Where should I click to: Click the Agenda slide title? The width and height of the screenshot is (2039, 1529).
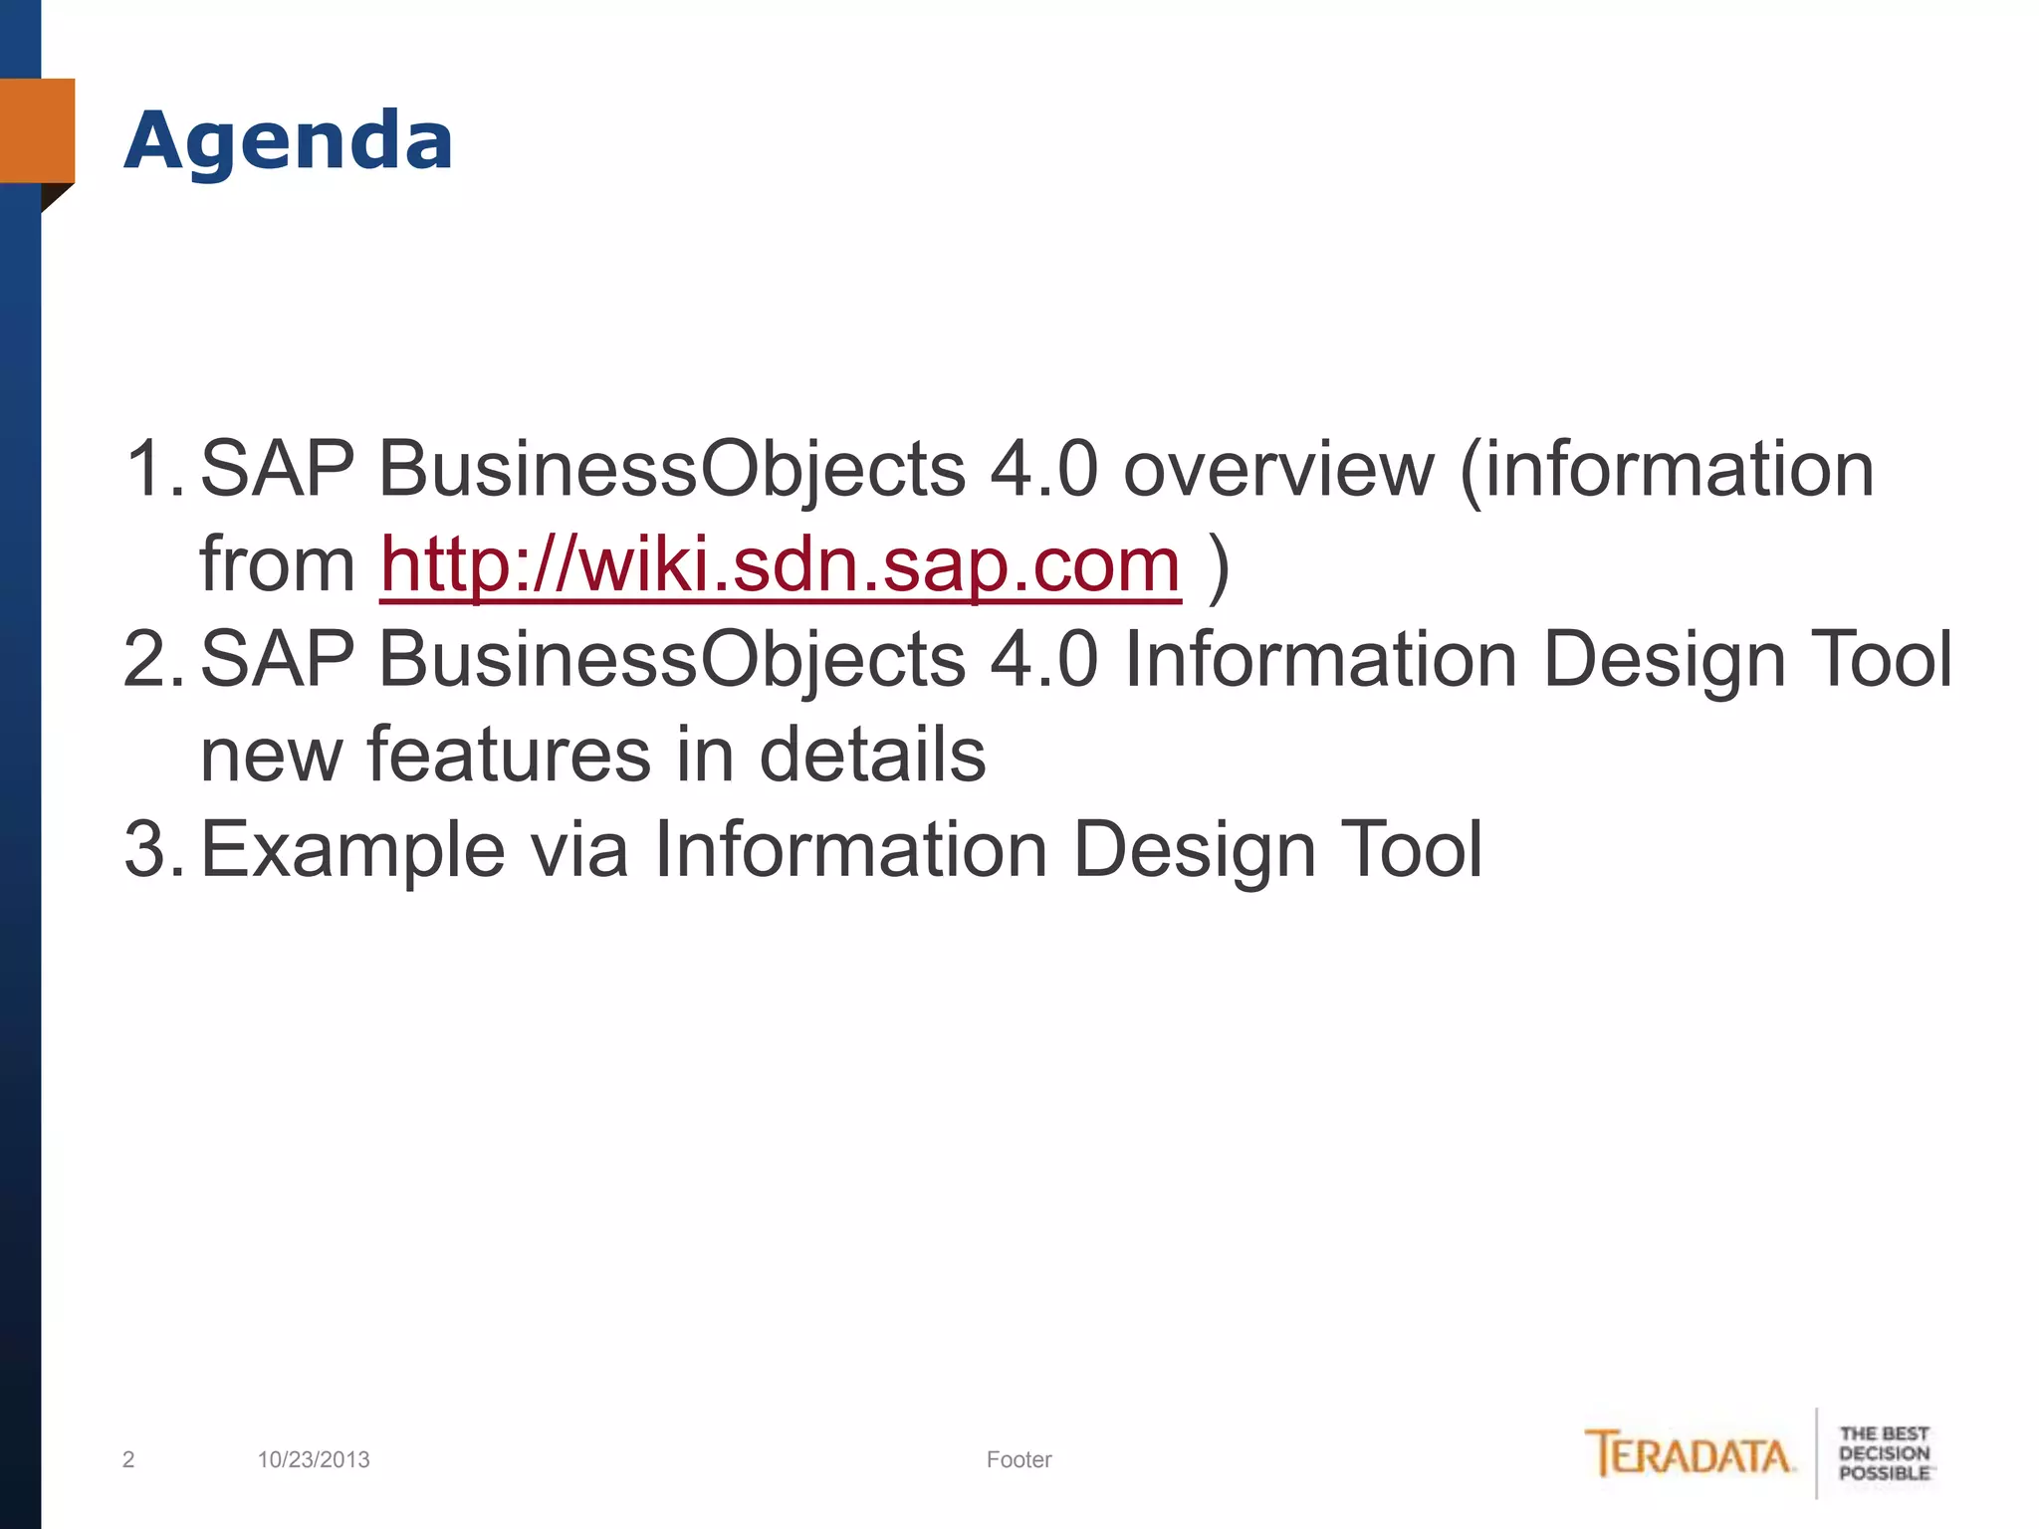click(x=289, y=141)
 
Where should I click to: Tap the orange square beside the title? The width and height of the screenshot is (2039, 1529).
click(x=38, y=130)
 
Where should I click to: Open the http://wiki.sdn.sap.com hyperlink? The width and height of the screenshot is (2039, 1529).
click(x=781, y=565)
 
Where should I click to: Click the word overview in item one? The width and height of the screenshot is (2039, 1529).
click(x=1278, y=469)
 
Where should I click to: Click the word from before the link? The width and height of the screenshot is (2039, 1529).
click(x=278, y=565)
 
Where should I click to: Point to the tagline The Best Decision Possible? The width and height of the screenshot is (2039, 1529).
click(x=1884, y=1453)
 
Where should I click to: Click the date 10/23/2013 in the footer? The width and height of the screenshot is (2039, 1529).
click(x=314, y=1459)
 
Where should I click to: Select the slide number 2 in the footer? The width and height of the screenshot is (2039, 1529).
click(x=128, y=1459)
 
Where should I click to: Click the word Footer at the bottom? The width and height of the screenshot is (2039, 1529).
click(x=1019, y=1459)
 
